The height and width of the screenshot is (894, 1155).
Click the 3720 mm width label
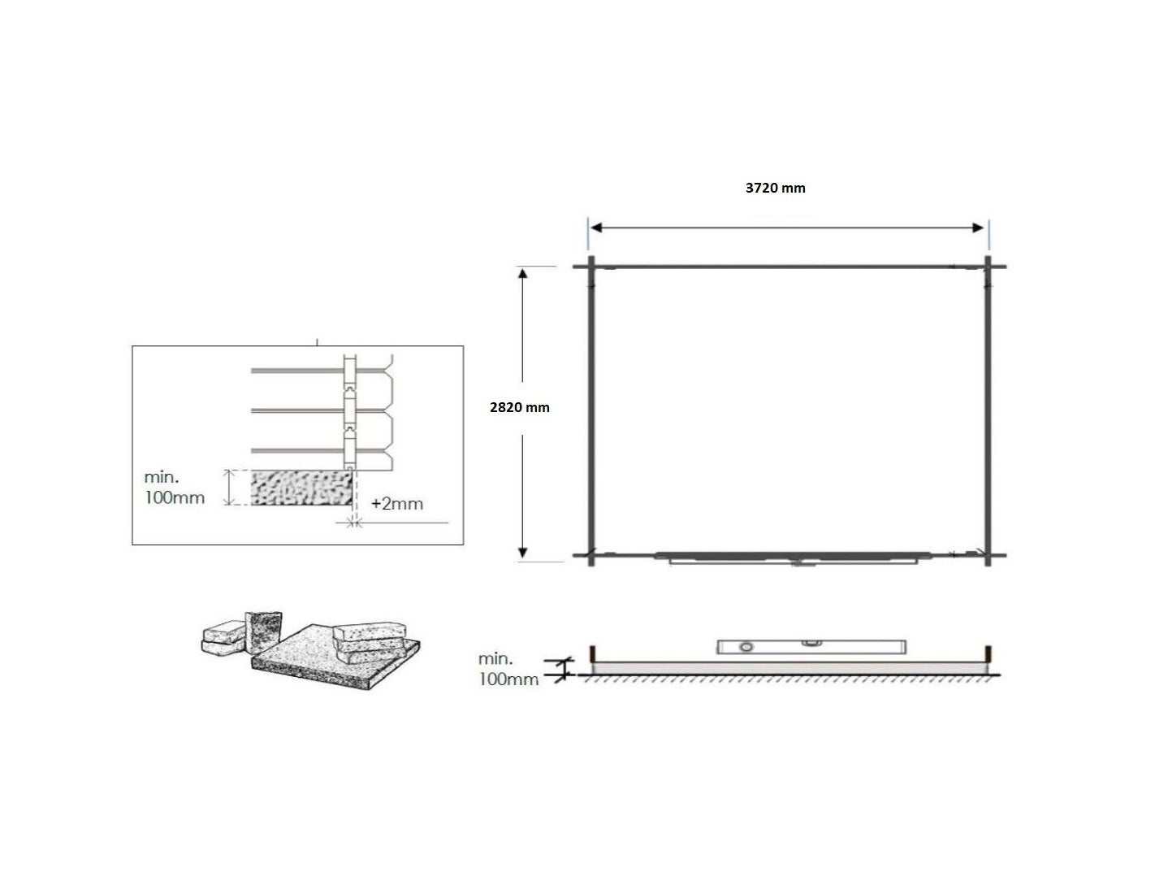point(775,188)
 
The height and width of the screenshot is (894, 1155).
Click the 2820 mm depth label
point(519,407)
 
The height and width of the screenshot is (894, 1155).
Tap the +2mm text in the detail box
point(397,504)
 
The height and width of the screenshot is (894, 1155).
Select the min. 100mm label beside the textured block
point(175,488)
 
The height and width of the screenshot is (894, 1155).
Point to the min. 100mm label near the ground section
point(508,669)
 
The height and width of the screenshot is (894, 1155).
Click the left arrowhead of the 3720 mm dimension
point(596,228)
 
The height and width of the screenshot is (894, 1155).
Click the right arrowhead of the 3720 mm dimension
point(978,228)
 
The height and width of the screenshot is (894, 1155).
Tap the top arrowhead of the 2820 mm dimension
point(522,273)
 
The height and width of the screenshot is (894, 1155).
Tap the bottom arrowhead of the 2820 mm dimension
point(522,553)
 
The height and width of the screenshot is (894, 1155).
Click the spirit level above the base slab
point(811,647)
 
